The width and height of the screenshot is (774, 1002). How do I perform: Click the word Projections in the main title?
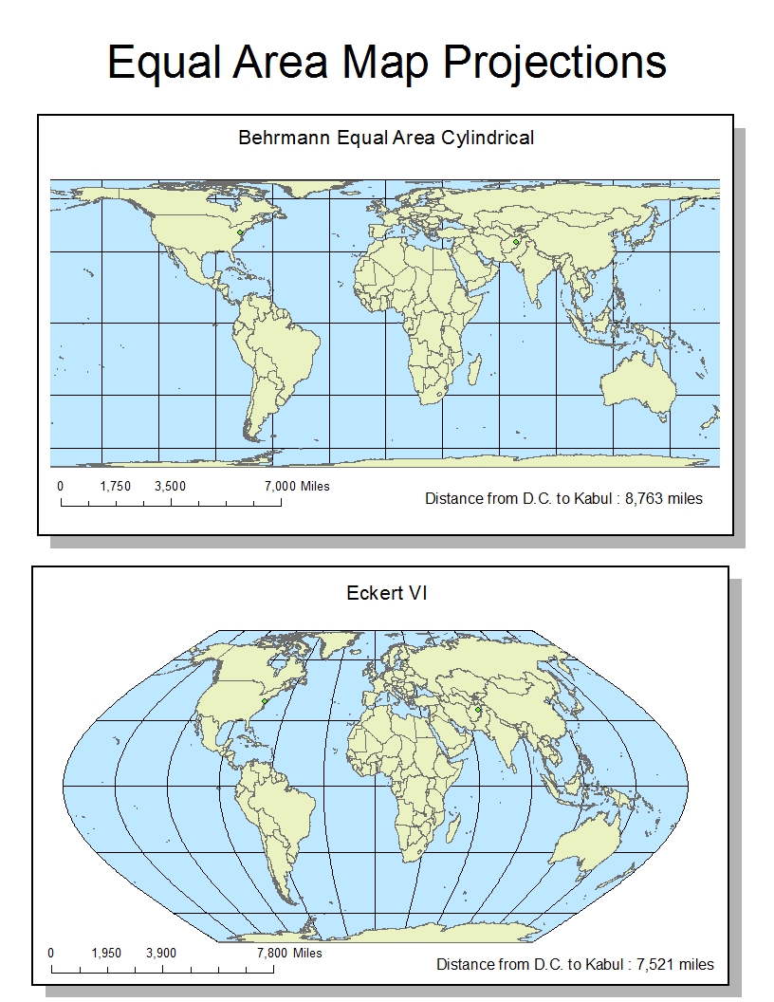tap(555, 63)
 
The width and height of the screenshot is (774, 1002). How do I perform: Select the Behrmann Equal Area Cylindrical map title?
tap(386, 138)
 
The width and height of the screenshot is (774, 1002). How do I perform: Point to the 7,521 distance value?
tap(658, 964)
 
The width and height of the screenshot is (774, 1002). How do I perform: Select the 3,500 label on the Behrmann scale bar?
tap(171, 486)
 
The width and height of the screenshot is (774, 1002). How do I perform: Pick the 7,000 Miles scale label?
tap(297, 486)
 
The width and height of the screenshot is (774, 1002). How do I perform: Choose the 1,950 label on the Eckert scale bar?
tap(106, 953)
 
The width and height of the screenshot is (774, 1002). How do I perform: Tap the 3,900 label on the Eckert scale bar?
tap(161, 953)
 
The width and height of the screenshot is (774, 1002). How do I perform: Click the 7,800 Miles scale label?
tap(289, 953)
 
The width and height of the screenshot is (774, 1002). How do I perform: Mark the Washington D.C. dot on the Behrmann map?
tap(240, 232)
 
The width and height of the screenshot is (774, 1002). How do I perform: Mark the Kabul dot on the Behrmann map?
tap(515, 243)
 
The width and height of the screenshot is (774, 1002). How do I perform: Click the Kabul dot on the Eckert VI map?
tap(479, 710)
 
